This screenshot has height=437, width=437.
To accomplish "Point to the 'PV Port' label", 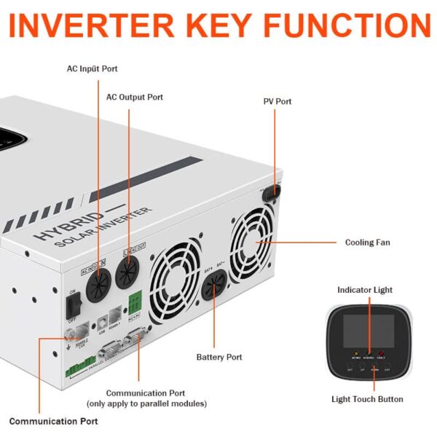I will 277,101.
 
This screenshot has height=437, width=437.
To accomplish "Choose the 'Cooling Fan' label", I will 367,242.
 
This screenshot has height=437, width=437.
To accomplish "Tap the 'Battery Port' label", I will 219,357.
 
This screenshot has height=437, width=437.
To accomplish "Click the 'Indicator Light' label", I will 365,290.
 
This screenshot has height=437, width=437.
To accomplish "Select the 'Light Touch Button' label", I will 368,398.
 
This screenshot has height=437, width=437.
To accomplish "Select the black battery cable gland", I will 213,299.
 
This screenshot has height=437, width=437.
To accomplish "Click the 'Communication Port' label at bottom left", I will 53,421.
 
